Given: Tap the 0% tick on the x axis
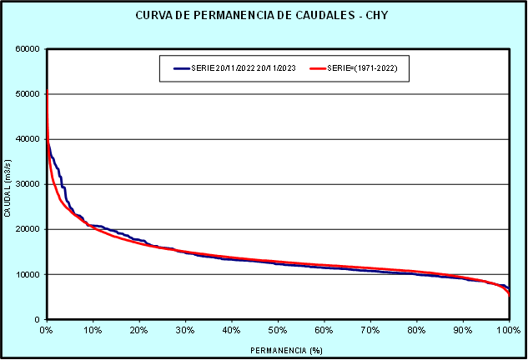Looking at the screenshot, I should tap(47, 330).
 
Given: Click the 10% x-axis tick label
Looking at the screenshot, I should tap(93, 330).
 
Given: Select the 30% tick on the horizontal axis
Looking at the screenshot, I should tap(185, 330).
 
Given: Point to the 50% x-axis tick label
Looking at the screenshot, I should tap(278, 330).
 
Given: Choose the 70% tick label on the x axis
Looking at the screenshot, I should tap(370, 330).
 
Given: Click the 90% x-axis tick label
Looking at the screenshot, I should tap(463, 330).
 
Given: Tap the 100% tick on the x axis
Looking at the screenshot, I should tap(509, 330).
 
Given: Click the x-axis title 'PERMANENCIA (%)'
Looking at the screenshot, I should tap(278, 350).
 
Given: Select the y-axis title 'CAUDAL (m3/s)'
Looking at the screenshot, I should tap(8, 184).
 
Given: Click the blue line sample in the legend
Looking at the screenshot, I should tap(183, 67).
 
